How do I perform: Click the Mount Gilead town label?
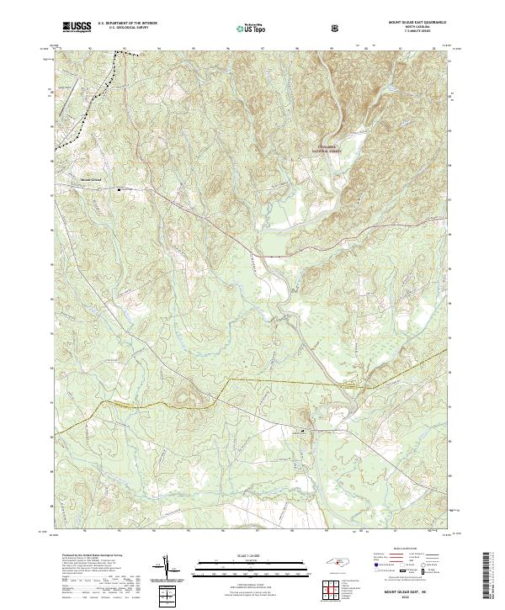coord(90,178)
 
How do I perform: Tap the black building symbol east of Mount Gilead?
coord(119,189)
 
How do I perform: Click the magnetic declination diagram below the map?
coord(166,567)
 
